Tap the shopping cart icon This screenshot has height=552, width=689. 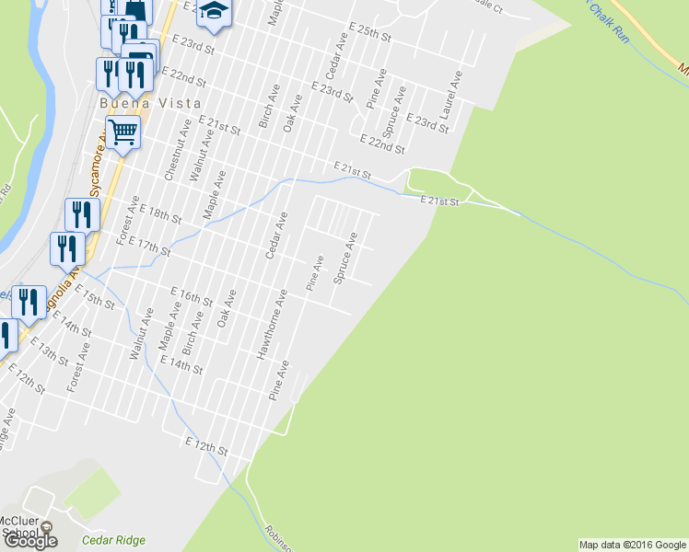click(123, 132)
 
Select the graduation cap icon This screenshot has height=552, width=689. click(215, 11)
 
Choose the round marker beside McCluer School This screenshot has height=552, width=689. click(48, 529)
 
